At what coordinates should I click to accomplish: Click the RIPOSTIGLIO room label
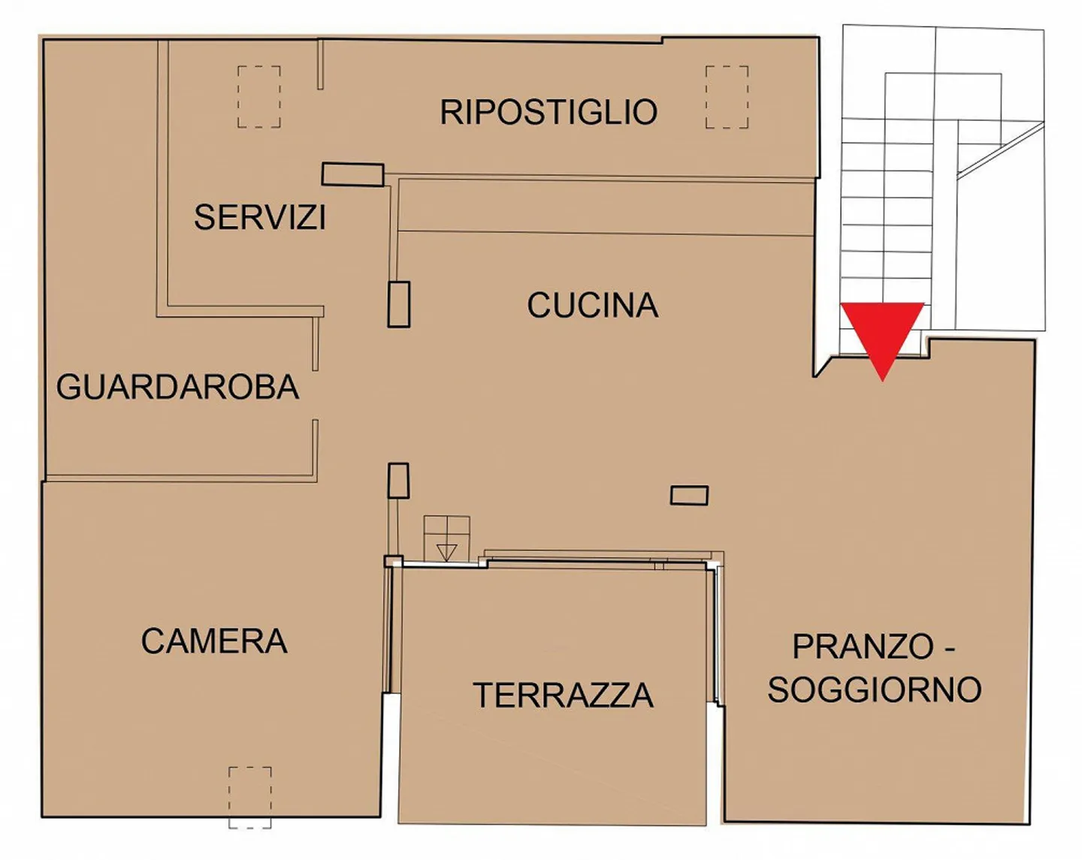click(549, 112)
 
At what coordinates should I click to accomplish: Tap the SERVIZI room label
click(260, 217)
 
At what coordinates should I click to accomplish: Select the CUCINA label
click(592, 305)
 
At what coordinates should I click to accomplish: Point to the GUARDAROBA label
click(177, 387)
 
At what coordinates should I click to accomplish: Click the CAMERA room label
click(214, 641)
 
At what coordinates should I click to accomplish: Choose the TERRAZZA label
click(563, 696)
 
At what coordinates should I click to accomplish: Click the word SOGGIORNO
click(875, 689)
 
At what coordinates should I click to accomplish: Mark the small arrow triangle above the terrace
click(446, 551)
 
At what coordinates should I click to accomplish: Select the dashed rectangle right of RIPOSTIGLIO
click(727, 97)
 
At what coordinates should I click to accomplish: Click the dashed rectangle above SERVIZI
click(259, 96)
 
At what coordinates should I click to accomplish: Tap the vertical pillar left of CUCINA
click(399, 305)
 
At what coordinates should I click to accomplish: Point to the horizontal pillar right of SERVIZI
click(353, 174)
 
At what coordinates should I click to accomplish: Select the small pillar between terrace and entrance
click(689, 495)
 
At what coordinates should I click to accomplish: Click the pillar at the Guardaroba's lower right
click(398, 481)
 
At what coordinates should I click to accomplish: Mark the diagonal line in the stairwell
click(1001, 149)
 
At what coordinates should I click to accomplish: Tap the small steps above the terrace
click(446, 539)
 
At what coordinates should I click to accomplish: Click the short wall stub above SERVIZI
click(320, 65)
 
